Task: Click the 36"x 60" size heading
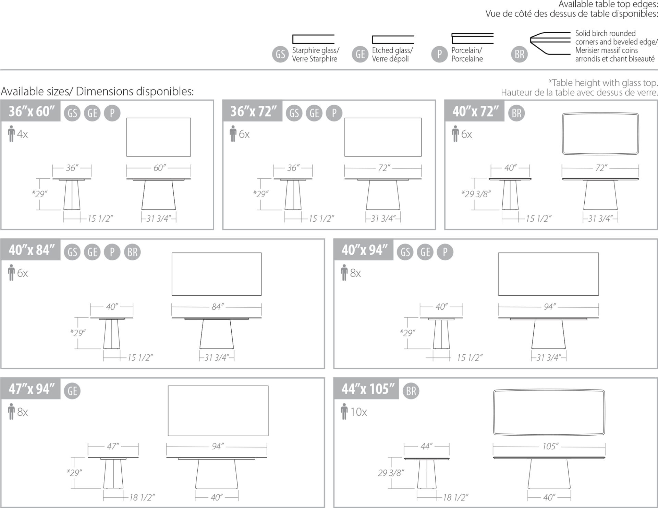tap(32, 111)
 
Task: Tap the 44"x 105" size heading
tap(368, 389)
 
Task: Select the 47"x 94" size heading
tap(32, 389)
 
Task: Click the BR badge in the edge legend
tap(519, 54)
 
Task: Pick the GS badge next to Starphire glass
tap(280, 54)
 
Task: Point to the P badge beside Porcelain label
tap(439, 54)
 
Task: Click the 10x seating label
tap(358, 412)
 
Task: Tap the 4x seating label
tap(23, 134)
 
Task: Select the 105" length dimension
tap(550, 446)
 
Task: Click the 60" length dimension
tap(159, 168)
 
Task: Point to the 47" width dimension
tap(113, 446)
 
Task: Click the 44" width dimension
tap(426, 446)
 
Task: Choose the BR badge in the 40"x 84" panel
tap(132, 252)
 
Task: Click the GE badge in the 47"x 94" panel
tap(72, 391)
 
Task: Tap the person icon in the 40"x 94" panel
tap(344, 272)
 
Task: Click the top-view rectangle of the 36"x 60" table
tap(159, 118)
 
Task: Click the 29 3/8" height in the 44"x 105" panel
tap(391, 473)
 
